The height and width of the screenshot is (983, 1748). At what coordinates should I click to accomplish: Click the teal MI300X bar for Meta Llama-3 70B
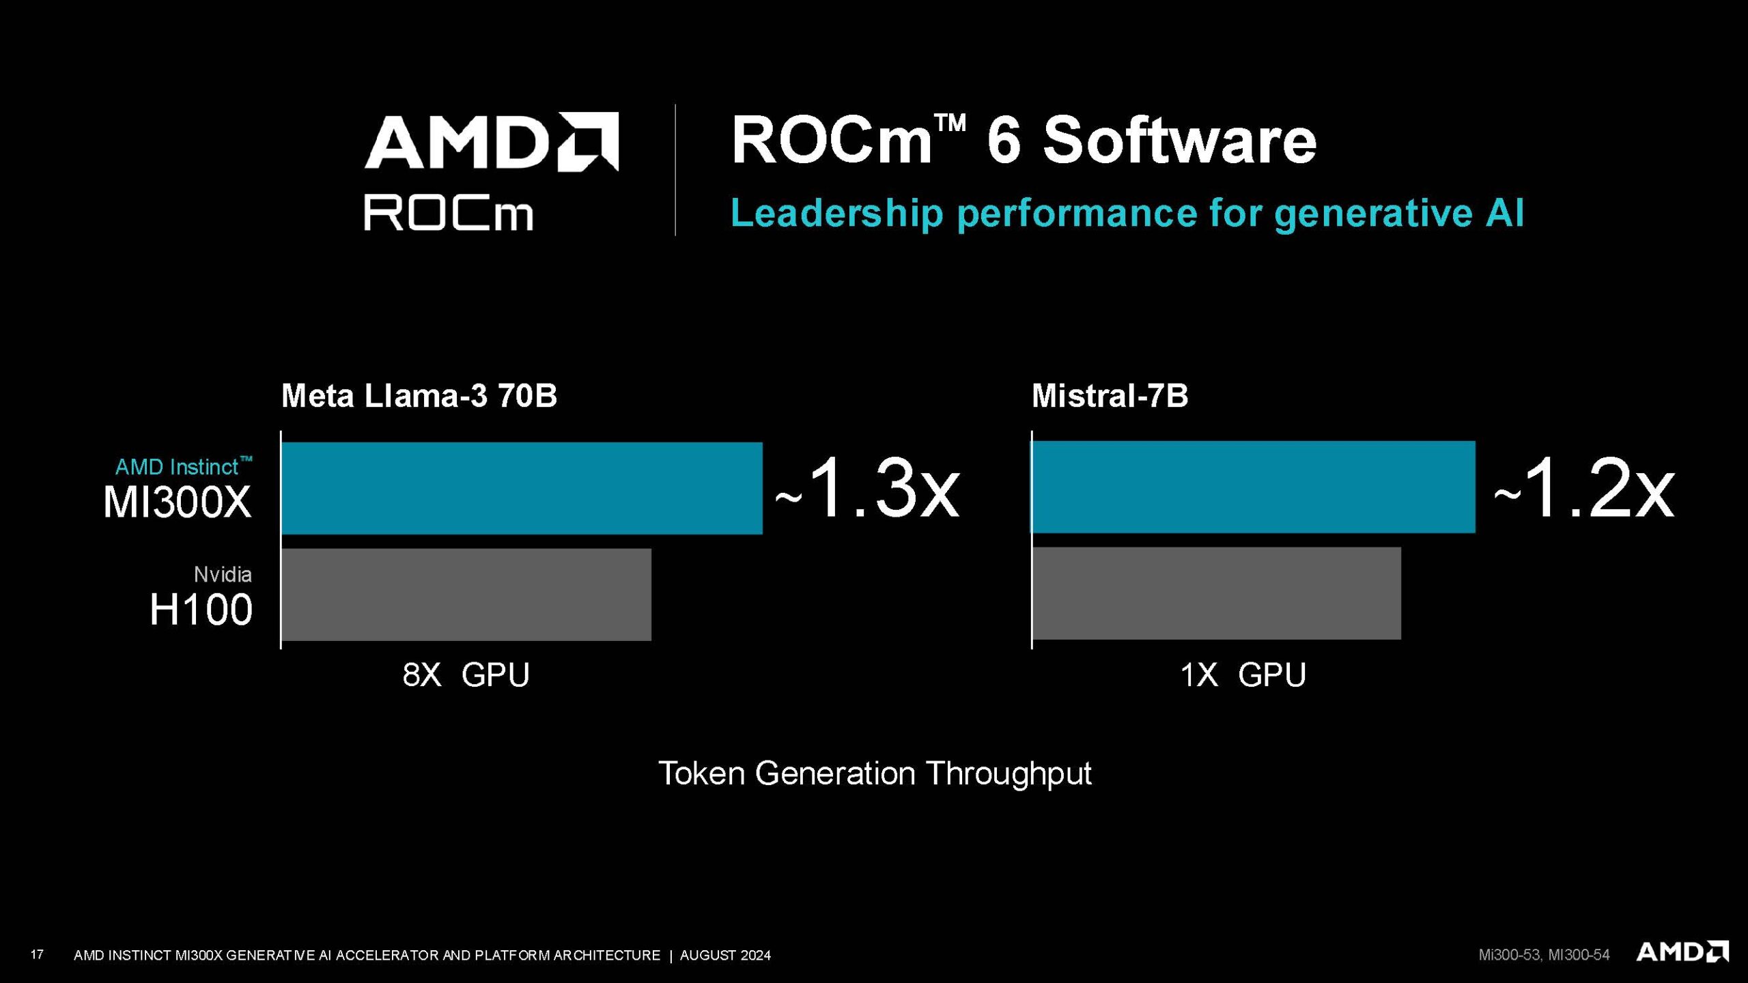tap(522, 488)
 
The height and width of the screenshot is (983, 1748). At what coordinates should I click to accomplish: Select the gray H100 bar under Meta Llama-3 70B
tap(466, 594)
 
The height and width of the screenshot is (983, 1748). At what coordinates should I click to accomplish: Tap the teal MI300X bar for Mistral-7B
tap(1253, 487)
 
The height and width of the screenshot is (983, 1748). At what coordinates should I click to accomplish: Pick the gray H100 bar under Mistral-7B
tap(1216, 593)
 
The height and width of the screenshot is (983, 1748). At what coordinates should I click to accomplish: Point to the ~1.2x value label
tap(1584, 489)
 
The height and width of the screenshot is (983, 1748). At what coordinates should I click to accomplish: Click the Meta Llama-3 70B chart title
tap(419, 396)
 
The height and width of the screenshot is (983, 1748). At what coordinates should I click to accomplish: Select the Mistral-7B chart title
tap(1110, 396)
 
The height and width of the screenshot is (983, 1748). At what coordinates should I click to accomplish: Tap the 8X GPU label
tap(466, 675)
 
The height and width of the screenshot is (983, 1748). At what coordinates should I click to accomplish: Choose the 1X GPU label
tap(1243, 675)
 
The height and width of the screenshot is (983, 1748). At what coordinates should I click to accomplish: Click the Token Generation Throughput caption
tap(875, 774)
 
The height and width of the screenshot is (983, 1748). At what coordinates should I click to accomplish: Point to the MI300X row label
tap(178, 502)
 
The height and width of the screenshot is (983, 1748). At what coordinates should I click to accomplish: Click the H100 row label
tap(201, 610)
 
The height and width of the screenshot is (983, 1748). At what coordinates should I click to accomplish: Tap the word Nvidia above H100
tap(223, 575)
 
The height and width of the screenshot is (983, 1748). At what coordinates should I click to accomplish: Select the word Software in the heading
tap(1179, 141)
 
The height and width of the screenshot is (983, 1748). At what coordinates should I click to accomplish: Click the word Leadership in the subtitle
tap(837, 213)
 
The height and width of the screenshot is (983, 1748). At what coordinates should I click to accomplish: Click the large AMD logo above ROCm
tap(492, 141)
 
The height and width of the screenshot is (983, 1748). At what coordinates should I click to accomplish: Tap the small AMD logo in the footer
tap(1682, 952)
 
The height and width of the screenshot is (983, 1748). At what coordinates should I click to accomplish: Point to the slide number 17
tap(37, 954)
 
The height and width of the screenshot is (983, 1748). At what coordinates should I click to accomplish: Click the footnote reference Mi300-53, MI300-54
tap(1544, 955)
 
